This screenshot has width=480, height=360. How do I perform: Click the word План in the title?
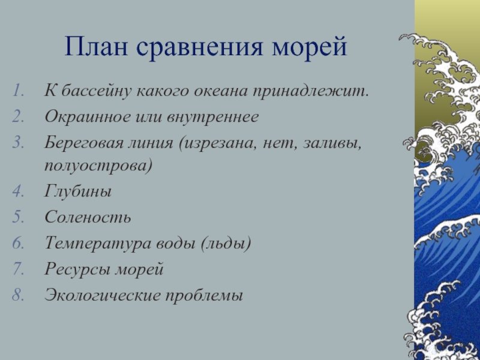[x=96, y=47]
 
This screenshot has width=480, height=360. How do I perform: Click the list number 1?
[x=19, y=91]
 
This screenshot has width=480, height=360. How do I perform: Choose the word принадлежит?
[x=310, y=92]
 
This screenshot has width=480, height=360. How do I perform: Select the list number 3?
[x=18, y=143]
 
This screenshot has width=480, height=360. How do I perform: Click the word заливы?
[x=332, y=143]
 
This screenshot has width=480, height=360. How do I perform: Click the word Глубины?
[x=78, y=192]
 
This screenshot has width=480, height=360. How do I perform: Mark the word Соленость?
[x=88, y=217]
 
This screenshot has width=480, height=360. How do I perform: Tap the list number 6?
[x=18, y=244]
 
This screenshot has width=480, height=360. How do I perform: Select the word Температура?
[x=101, y=245]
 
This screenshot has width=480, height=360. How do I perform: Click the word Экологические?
[x=103, y=295]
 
